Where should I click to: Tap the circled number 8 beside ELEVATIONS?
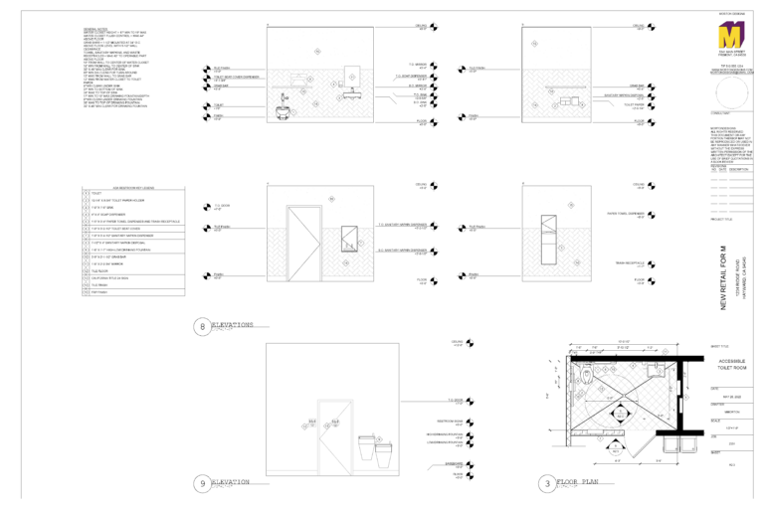[203, 326]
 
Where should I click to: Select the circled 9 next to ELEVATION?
[203, 484]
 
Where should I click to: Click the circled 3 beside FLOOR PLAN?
[547, 484]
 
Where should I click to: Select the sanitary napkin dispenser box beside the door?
[351, 242]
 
